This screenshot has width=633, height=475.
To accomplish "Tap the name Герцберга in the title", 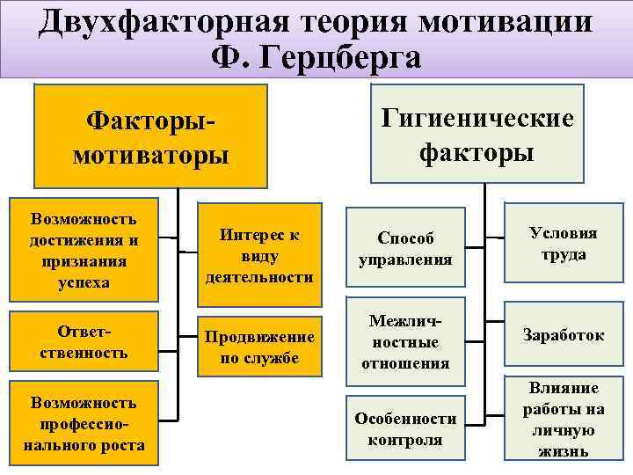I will point(348,57).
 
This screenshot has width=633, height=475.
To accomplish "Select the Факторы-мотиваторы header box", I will point(150,136).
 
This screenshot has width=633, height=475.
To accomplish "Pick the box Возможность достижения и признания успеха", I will point(83,250).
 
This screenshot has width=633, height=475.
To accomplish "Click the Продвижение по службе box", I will point(258,347).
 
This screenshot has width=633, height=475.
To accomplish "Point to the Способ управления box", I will point(405,249).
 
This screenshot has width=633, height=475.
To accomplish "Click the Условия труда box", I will point(564,244).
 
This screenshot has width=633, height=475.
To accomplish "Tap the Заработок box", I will point(564,335).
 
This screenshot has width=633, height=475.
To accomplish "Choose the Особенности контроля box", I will point(405,429).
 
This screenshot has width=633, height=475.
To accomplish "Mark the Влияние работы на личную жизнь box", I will point(564,420).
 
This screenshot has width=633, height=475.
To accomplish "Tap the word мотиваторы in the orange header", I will point(150,156).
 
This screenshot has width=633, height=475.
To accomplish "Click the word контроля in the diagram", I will point(405,440).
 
